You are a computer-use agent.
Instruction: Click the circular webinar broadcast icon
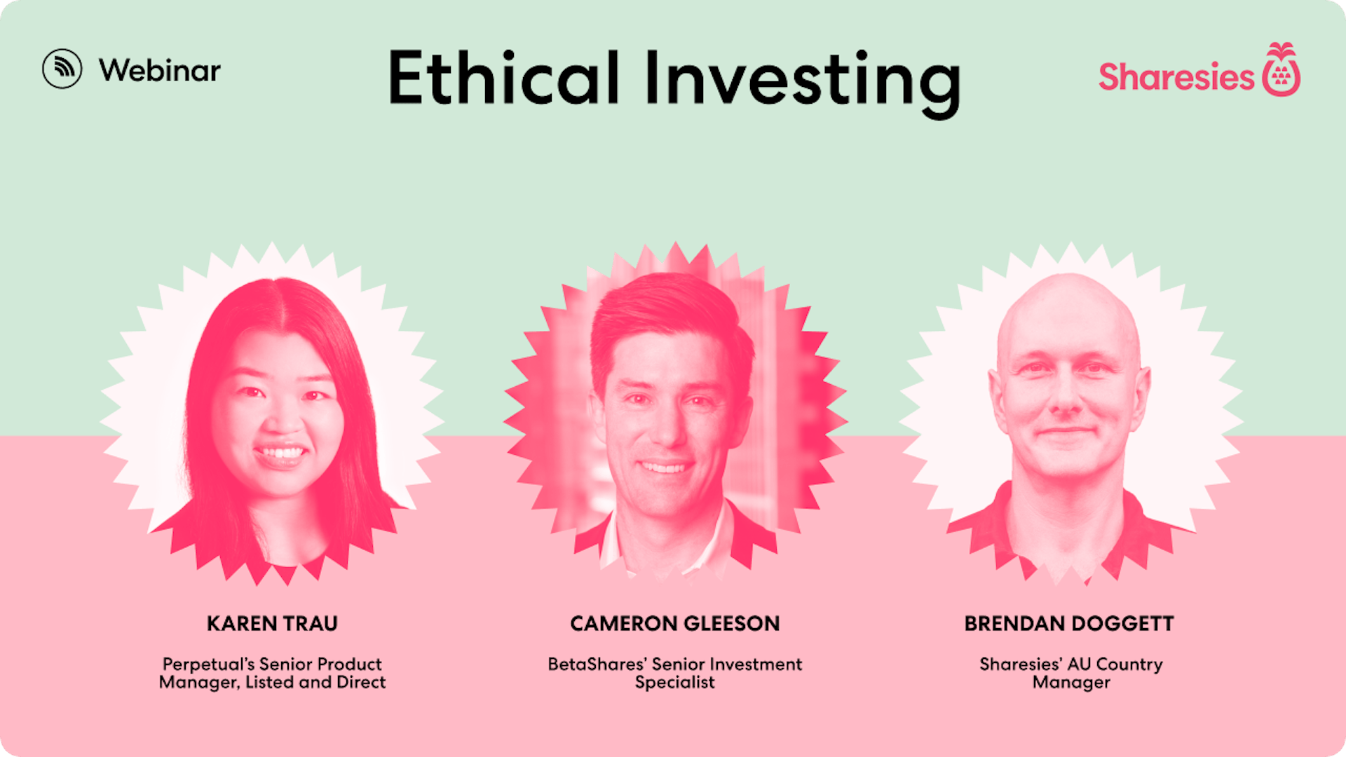click(x=62, y=69)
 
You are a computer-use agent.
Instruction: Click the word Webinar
click(x=160, y=70)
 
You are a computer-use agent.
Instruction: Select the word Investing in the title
click(x=803, y=83)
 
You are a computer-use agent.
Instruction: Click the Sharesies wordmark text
click(x=1176, y=76)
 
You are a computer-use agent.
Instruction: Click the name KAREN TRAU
click(x=272, y=623)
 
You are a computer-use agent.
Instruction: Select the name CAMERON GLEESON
click(x=675, y=623)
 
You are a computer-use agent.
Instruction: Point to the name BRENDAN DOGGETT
click(x=1069, y=623)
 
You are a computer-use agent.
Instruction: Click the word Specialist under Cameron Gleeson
click(x=675, y=683)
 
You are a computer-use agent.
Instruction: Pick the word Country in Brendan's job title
click(x=1129, y=664)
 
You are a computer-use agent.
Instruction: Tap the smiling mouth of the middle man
click(x=664, y=465)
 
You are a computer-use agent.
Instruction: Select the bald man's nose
click(x=1065, y=396)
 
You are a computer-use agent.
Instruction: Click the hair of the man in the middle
click(x=666, y=308)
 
